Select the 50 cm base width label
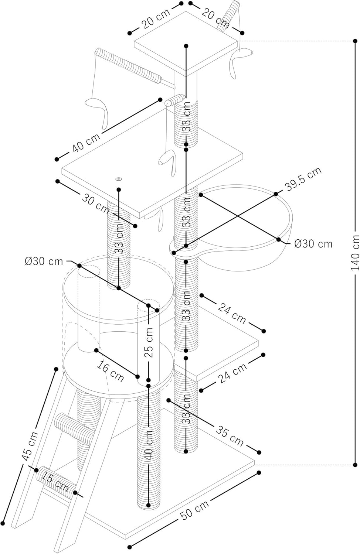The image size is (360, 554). (195, 510)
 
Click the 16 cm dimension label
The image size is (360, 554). (110, 371)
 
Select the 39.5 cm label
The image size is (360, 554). (303, 178)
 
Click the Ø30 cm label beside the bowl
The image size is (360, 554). (313, 244)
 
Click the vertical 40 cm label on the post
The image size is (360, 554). (148, 445)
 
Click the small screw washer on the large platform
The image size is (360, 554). (118, 179)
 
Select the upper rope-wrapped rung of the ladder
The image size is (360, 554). (75, 428)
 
